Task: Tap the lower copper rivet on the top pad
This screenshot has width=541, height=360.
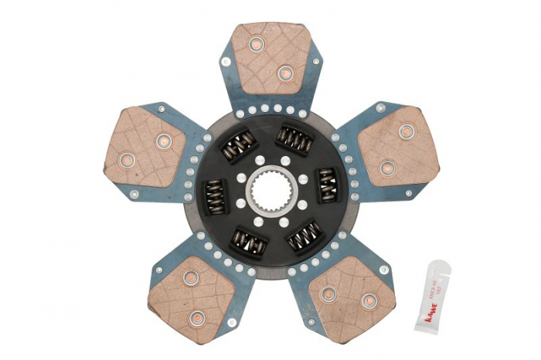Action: pos(284,74)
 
